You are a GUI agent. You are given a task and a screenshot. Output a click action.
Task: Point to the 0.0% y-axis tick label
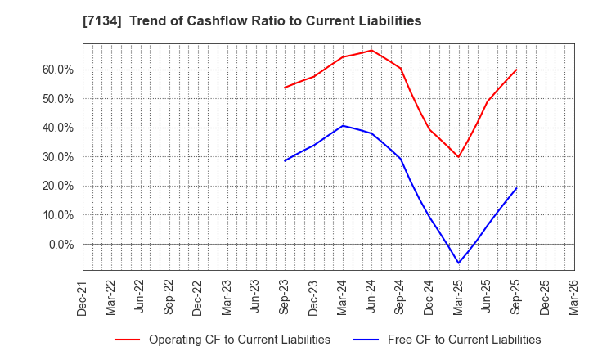tap(60, 245)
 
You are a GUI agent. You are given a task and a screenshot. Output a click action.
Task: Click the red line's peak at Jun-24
tap(371, 50)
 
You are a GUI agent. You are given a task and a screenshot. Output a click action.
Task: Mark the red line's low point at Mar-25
tap(458, 157)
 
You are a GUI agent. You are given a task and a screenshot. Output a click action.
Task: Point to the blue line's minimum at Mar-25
tap(458, 263)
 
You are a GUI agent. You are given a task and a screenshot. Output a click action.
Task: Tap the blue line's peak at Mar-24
tap(343, 126)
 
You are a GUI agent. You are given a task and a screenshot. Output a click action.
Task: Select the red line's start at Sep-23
tap(285, 88)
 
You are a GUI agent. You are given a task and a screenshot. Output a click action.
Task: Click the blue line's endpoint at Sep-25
tap(516, 188)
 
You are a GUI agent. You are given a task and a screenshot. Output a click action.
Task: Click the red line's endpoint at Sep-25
tap(516, 70)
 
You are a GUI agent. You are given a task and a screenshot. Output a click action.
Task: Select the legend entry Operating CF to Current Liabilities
tap(239, 340)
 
